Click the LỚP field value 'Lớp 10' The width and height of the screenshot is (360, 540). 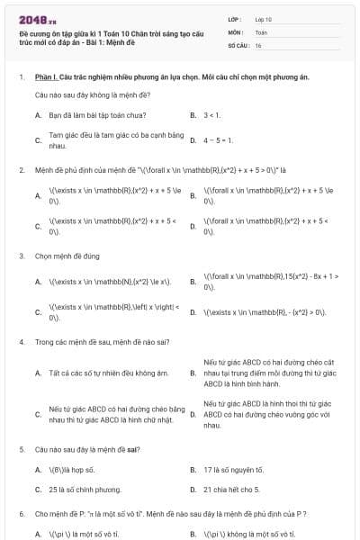264,18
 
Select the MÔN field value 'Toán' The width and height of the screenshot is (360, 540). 261,31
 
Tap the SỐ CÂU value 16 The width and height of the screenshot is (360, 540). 258,44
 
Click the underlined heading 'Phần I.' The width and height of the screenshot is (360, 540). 46,78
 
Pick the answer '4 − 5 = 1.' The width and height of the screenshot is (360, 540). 219,140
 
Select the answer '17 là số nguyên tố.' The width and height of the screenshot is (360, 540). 233,469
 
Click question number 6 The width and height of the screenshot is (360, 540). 22,513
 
